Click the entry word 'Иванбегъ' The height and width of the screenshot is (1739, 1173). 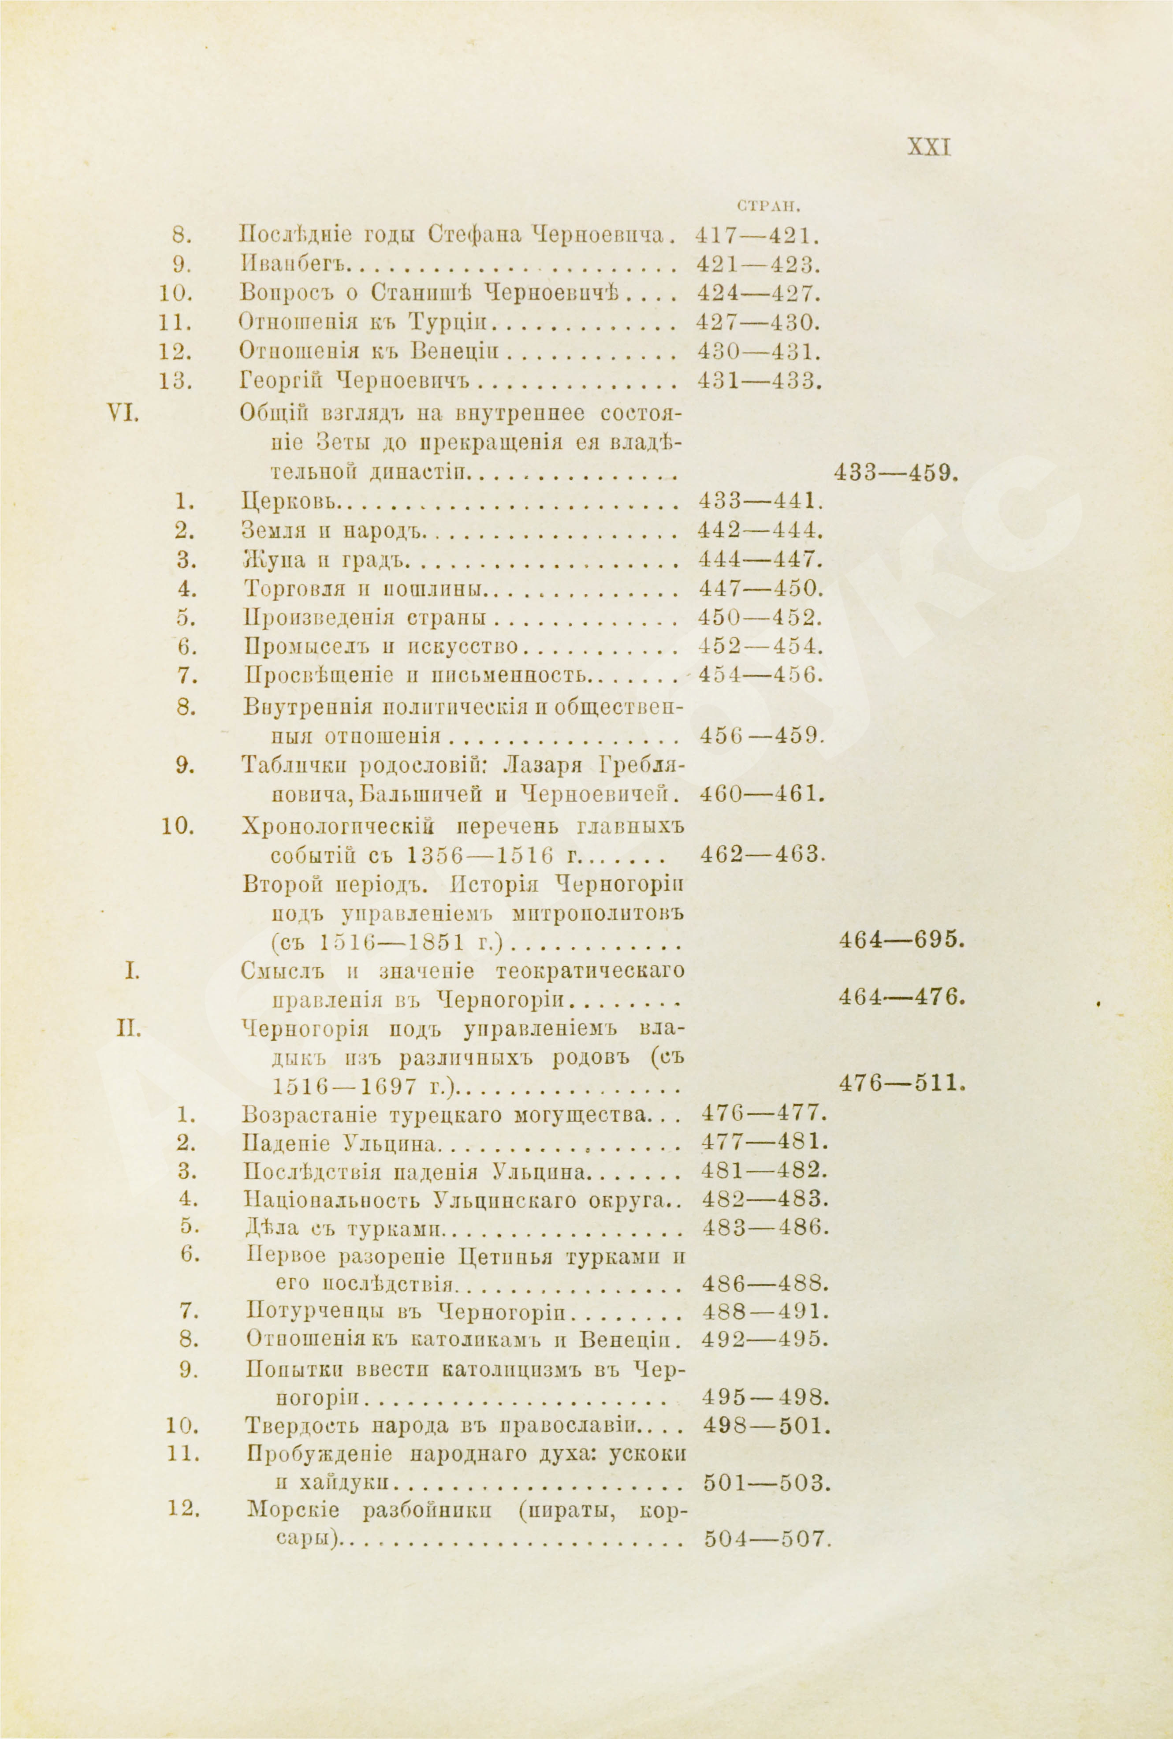(x=295, y=264)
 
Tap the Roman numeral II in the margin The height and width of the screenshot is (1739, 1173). (x=125, y=1029)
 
